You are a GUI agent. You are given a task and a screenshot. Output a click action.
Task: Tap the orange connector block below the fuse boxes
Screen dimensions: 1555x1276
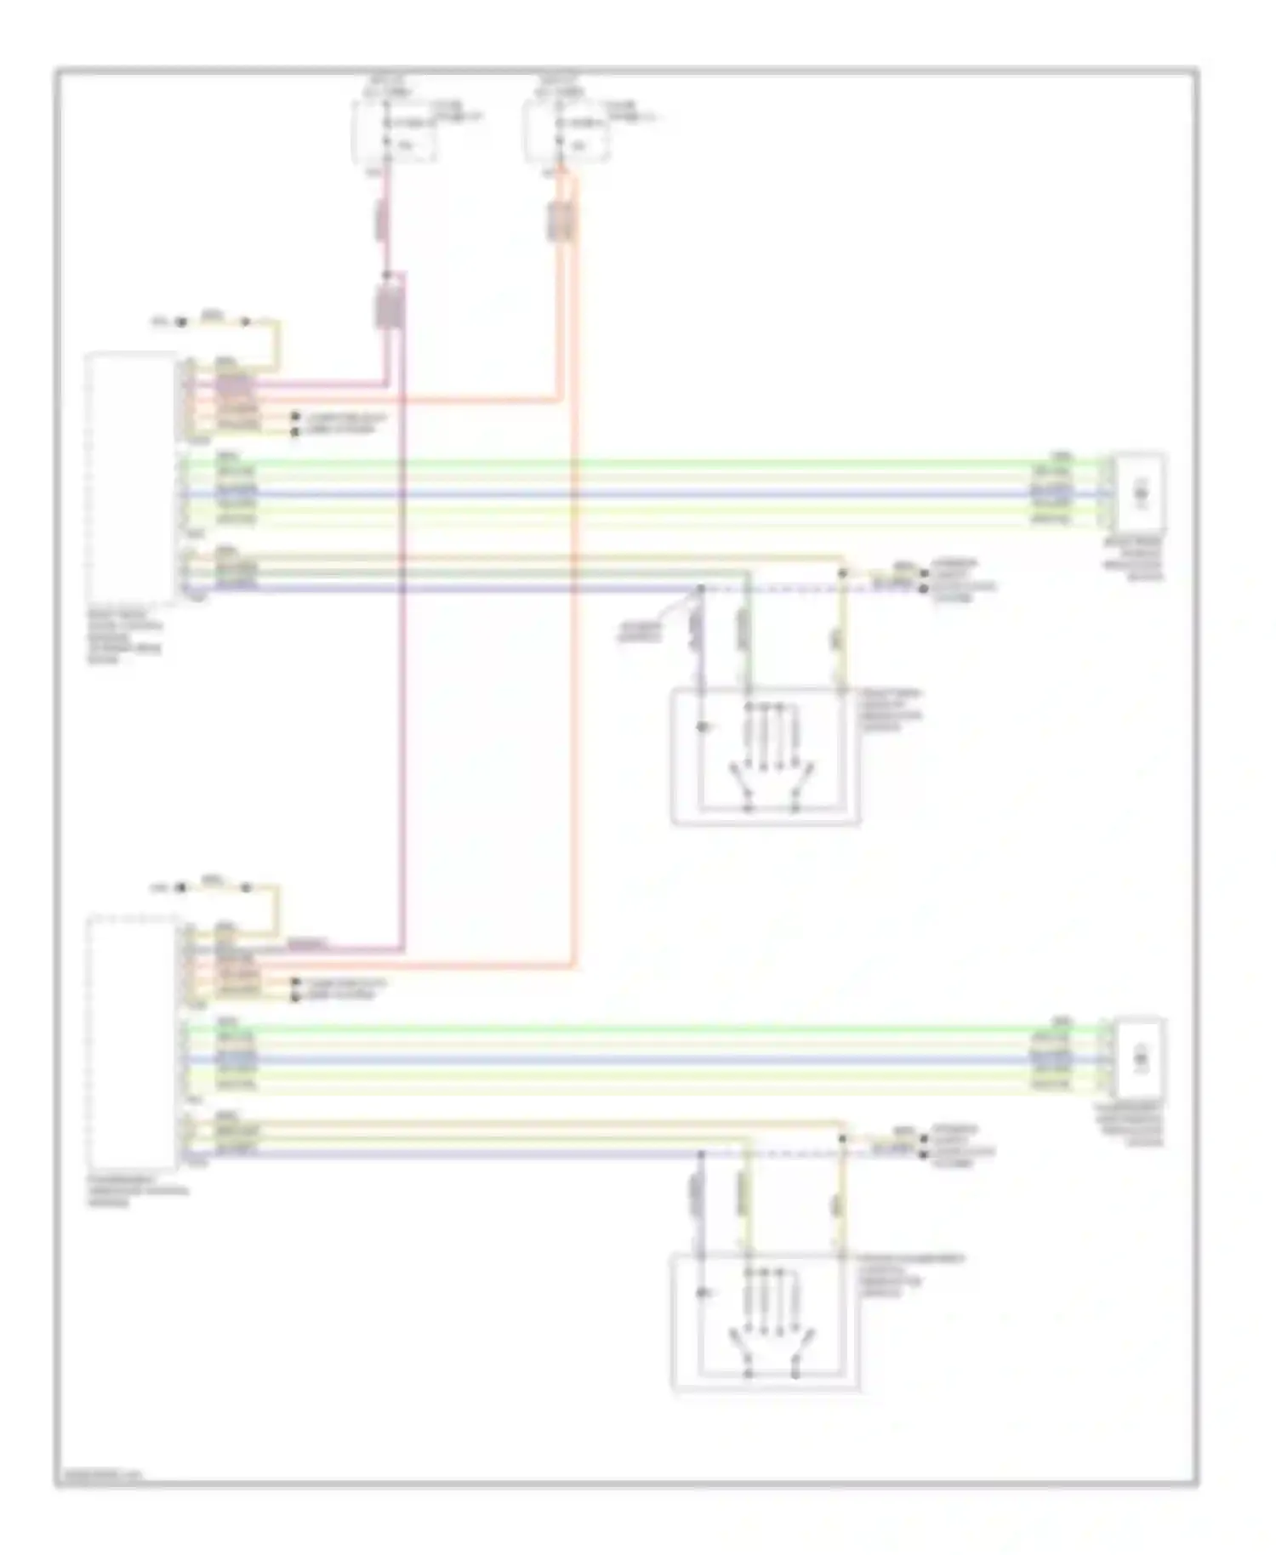561,223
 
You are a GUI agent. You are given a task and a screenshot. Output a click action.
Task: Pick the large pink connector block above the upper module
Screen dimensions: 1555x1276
390,306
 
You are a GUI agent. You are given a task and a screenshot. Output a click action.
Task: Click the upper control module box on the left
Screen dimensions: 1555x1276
132,476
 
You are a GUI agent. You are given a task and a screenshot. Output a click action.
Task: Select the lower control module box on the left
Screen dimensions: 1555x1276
132,1042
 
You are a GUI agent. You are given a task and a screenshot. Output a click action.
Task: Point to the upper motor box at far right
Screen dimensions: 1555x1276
1141,491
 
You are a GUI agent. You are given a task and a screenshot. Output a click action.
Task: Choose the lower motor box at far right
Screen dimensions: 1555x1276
1141,1057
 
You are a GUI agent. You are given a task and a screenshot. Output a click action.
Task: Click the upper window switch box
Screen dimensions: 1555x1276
766,756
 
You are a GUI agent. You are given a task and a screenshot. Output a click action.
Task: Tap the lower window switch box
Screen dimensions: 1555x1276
766,1323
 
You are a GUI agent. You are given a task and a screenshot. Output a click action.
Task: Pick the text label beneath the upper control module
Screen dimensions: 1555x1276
124,635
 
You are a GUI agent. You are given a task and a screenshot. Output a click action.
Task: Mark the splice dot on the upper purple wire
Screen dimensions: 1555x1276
702,588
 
